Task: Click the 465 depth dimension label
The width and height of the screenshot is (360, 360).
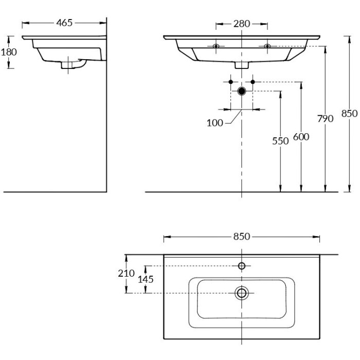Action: click(64, 23)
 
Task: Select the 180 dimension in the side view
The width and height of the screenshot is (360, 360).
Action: click(9, 51)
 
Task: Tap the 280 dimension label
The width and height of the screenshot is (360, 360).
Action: click(241, 24)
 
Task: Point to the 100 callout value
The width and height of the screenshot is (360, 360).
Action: click(215, 123)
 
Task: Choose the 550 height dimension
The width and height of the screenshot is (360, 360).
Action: click(280, 141)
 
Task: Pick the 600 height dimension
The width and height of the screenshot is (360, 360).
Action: click(301, 136)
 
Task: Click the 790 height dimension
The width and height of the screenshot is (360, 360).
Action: click(325, 119)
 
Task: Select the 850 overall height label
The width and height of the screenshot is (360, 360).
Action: click(349, 114)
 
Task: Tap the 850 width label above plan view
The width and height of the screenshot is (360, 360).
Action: click(241, 237)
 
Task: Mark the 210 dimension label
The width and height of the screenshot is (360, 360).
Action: click(126, 274)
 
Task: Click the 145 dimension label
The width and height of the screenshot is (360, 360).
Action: click(146, 279)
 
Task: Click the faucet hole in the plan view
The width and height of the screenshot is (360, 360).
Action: click(242, 266)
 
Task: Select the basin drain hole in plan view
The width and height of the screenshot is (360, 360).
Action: click(241, 293)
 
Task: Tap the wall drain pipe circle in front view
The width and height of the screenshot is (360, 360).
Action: click(242, 91)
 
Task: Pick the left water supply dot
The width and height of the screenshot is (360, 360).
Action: click(230, 82)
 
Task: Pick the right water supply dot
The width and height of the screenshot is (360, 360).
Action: click(253, 82)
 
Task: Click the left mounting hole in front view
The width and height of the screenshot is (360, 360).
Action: click(216, 47)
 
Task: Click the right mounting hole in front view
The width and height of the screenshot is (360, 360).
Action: click(267, 47)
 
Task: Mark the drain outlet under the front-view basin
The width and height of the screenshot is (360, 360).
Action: click(242, 65)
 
